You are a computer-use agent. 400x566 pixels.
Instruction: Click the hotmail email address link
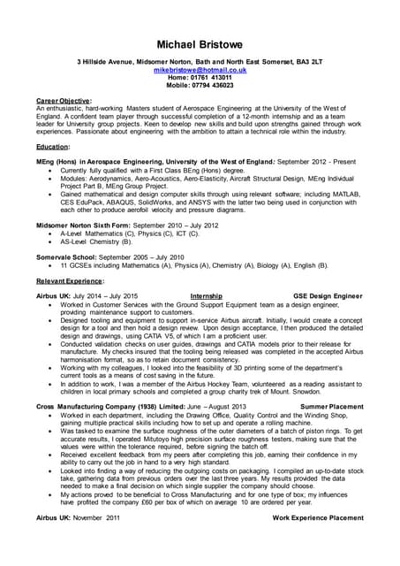coord(200,69)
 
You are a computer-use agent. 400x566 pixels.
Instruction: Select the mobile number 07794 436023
coord(215,85)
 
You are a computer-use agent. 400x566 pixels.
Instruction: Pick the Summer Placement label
coord(332,405)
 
